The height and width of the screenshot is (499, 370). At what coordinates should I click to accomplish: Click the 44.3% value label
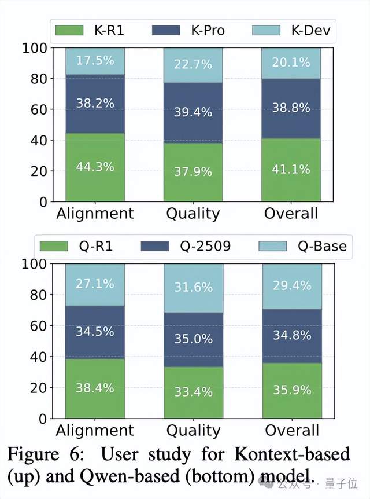tap(95, 167)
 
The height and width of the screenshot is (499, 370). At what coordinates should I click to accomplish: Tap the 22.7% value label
tap(193, 64)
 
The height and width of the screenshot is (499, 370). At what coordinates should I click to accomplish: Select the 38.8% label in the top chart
tap(291, 108)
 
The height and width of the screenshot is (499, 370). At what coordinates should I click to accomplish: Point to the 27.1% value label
tap(95, 284)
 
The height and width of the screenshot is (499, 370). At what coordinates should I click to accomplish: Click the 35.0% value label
tap(193, 339)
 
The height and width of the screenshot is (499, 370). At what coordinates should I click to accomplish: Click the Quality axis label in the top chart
tap(193, 213)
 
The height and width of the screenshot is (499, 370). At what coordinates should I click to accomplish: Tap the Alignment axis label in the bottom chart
tap(95, 430)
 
